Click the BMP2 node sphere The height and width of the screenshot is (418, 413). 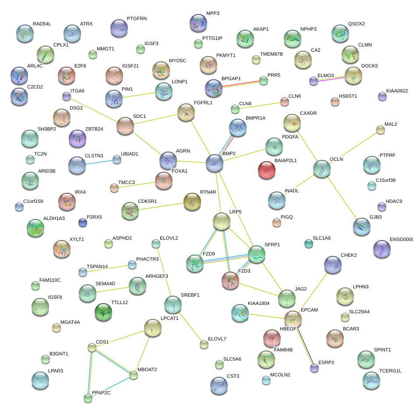(x=214, y=163)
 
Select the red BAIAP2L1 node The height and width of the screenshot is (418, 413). (x=266, y=170)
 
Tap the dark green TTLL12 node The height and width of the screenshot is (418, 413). (x=103, y=312)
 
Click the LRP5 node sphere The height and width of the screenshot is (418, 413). (x=222, y=222)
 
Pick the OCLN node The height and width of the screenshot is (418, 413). (x=322, y=169)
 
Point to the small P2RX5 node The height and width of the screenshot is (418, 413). (x=83, y=223)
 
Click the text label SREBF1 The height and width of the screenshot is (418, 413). (x=190, y=295)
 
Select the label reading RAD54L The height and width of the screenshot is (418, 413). (x=42, y=24)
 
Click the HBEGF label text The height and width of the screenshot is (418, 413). (x=288, y=328)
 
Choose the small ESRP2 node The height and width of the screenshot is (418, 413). (x=314, y=368)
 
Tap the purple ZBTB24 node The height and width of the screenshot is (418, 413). (x=78, y=139)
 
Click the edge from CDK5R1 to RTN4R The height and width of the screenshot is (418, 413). (x=161, y=206)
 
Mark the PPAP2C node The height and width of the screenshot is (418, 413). (x=88, y=398)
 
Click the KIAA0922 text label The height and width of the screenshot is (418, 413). (x=397, y=91)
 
